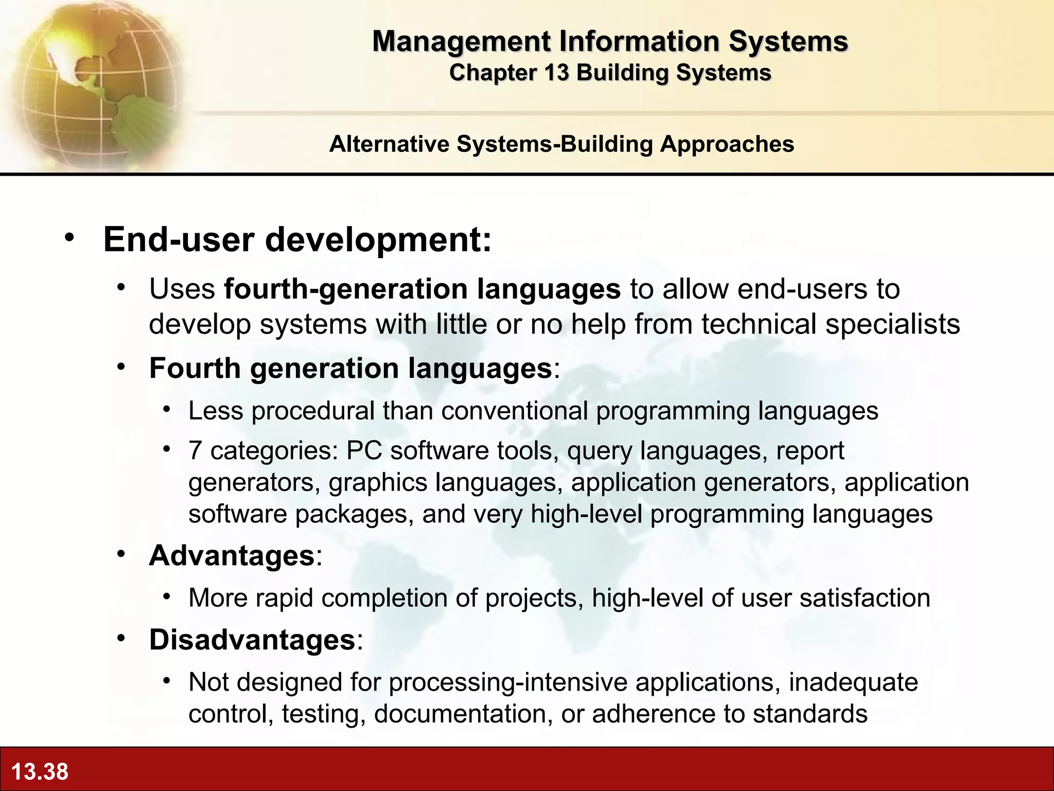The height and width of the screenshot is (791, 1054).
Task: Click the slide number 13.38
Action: (40, 771)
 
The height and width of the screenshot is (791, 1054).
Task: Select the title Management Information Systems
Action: (610, 41)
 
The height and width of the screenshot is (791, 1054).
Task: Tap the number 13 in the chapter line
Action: (556, 73)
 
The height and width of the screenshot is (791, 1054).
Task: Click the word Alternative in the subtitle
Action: (389, 144)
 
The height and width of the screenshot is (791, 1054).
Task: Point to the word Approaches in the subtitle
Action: (727, 144)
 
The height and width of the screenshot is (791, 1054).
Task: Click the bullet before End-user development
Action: (69, 238)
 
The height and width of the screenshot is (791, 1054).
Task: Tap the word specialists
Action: (893, 324)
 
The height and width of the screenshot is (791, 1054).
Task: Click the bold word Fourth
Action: (195, 369)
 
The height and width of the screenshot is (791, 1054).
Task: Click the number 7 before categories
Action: (195, 451)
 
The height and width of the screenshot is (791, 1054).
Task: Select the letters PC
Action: (364, 451)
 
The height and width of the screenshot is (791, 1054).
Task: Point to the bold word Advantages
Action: (232, 556)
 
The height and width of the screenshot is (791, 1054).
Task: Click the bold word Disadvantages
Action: (252, 640)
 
